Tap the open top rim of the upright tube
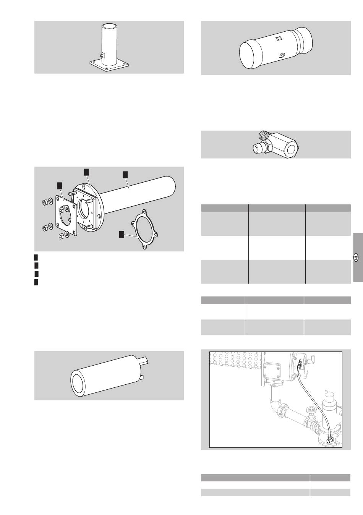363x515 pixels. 110,26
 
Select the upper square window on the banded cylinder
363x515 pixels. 279,38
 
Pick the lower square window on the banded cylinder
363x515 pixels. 282,55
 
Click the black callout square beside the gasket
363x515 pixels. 122,235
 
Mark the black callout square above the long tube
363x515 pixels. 125,175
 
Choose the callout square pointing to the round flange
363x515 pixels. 86,172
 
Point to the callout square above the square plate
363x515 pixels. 60,186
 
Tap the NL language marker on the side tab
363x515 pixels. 356,257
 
